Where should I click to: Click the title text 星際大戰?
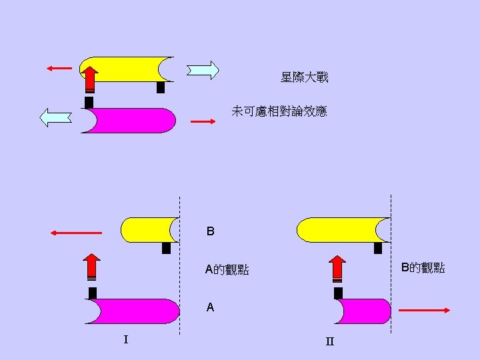coord(304,78)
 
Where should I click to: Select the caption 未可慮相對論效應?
coord(279,111)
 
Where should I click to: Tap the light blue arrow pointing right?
coord(203,70)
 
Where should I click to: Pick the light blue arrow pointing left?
coord(56,117)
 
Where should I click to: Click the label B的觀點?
coord(423,268)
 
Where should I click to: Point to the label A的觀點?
coord(227,270)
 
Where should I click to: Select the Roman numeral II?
coord(329,342)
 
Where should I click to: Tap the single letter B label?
coord(211,232)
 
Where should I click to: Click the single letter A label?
coord(211,307)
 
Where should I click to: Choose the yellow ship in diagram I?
coord(148,229)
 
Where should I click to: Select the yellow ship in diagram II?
coord(340,229)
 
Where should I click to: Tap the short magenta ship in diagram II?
coord(363,311)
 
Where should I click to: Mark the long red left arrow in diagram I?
coord(76,233)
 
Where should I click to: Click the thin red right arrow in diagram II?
coord(425,310)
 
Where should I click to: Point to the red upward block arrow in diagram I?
coord(91,267)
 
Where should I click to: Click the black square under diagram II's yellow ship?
coord(378,248)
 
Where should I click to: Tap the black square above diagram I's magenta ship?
coord(93,293)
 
